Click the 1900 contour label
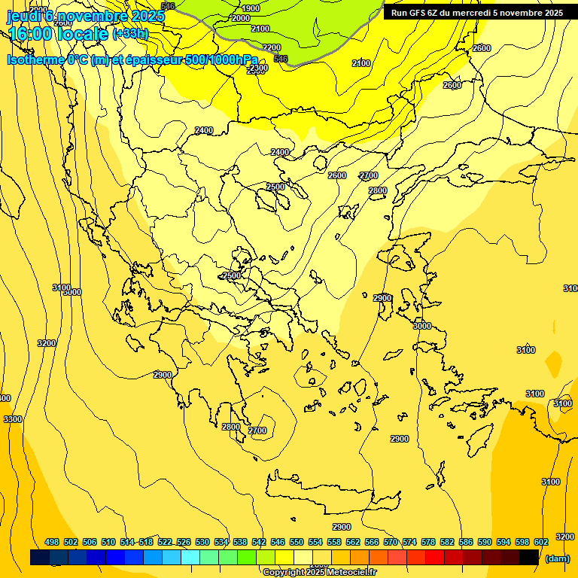pos(251,8)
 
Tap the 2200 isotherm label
pos(271,48)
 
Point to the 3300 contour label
pos(12,419)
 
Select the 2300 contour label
pos(257,68)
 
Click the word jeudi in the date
pos(24,16)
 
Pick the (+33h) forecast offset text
pos(130,34)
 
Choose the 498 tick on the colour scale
pos(52,542)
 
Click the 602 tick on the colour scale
pos(541,542)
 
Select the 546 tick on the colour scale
pos(278,542)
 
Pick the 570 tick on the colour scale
pos(391,542)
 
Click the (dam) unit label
pos(558,558)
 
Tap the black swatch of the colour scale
pos(529,557)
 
